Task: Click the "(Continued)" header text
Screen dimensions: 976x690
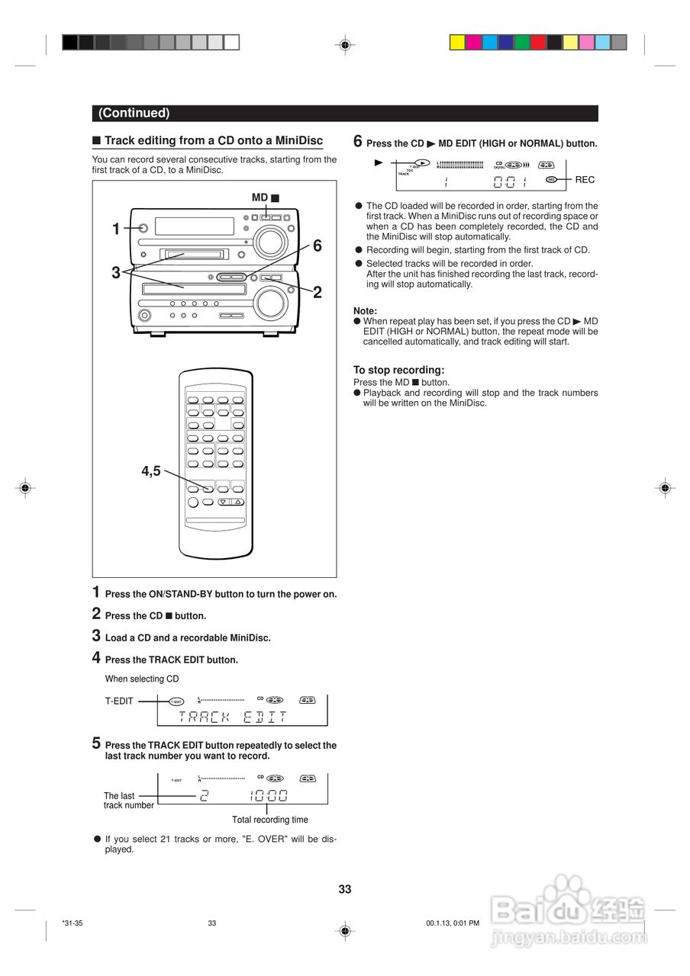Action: pyautogui.click(x=134, y=114)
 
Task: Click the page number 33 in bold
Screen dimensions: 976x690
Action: pyautogui.click(x=345, y=889)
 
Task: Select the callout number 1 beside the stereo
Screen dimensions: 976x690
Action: pyautogui.click(x=116, y=229)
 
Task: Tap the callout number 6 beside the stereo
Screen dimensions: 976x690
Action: pyautogui.click(x=317, y=246)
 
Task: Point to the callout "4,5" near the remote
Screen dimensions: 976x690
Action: pyautogui.click(x=151, y=471)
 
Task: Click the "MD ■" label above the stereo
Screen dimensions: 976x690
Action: pyautogui.click(x=266, y=197)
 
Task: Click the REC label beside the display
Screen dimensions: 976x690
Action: pyautogui.click(x=585, y=180)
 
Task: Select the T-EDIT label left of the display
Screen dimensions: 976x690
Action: pyautogui.click(x=119, y=701)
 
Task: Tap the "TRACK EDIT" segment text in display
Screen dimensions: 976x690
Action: pyautogui.click(x=233, y=717)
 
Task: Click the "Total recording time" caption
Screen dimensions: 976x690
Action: pyautogui.click(x=270, y=820)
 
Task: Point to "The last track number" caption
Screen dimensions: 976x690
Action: pyautogui.click(x=128, y=801)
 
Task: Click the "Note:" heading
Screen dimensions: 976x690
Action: pyautogui.click(x=365, y=311)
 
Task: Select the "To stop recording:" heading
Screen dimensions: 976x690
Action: pyautogui.click(x=398, y=371)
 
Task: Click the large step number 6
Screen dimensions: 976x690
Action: pyautogui.click(x=357, y=141)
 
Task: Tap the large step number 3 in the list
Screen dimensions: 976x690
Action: pyautogui.click(x=96, y=635)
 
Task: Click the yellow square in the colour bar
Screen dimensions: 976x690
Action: pyautogui.click(x=456, y=43)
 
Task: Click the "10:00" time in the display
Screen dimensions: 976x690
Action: pyautogui.click(x=268, y=797)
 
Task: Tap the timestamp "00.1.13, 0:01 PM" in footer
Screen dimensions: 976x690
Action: pyautogui.click(x=453, y=923)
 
